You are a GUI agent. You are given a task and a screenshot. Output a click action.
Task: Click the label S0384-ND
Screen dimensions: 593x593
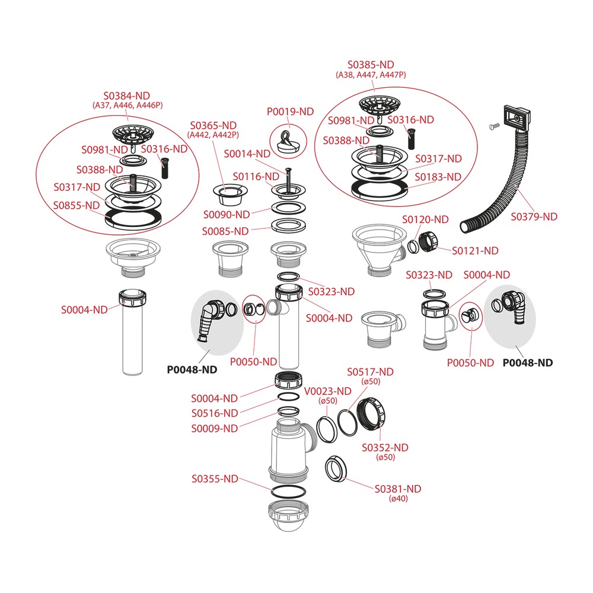click(127, 95)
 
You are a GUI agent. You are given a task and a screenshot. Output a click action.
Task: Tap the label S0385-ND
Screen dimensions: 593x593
click(371, 65)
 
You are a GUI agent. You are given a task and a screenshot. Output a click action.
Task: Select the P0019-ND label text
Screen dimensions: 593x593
click(290, 111)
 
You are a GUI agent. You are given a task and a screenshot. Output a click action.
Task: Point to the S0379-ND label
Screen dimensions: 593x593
click(534, 216)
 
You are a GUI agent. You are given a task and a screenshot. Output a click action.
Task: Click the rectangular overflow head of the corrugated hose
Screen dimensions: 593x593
click(517, 117)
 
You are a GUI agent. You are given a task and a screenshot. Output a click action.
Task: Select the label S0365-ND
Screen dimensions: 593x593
click(213, 125)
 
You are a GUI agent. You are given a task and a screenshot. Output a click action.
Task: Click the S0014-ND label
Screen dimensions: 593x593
click(247, 154)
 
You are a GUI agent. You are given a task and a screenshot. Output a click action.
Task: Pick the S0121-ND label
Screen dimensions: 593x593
click(475, 250)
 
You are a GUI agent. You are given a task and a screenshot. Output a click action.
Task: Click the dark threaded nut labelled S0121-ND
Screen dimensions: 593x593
click(428, 240)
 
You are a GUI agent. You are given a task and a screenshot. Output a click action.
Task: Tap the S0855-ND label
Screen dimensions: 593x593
click(76, 205)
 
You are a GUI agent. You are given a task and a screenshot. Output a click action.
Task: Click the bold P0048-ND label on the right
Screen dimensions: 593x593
click(528, 363)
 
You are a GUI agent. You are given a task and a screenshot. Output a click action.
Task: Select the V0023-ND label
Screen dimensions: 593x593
click(327, 391)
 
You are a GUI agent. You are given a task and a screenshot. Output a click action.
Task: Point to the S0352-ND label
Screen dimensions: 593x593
click(385, 447)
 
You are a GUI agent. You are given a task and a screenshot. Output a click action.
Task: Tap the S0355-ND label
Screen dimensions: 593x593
click(215, 479)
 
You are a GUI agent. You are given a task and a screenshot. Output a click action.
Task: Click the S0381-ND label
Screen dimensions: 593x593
click(398, 489)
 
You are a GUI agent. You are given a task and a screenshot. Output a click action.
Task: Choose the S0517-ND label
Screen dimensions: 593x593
click(370, 372)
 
